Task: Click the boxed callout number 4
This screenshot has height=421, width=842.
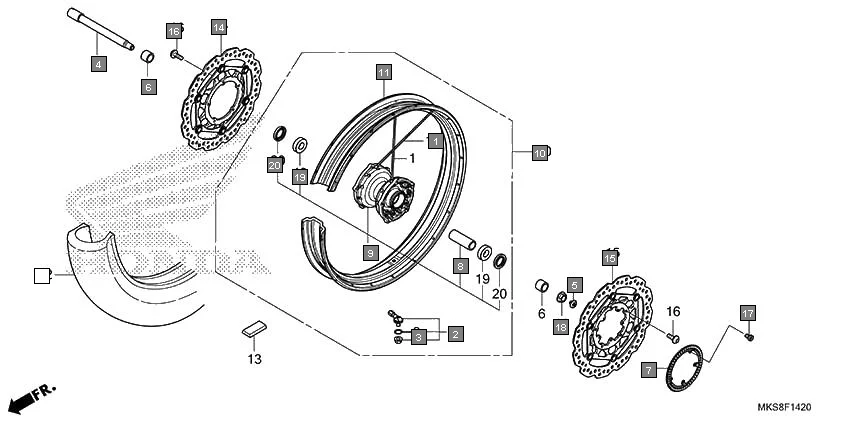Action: (x=97, y=64)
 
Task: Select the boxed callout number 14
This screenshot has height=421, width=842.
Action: (x=218, y=27)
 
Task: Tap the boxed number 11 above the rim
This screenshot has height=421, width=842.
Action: (x=384, y=71)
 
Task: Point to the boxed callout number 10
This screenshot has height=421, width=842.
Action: (x=539, y=153)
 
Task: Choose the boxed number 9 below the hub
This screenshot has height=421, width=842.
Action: (x=369, y=253)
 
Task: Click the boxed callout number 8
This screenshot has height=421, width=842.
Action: (x=460, y=266)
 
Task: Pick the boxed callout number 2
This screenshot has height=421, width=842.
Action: (x=454, y=333)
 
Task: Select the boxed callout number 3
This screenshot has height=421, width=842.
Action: (x=419, y=338)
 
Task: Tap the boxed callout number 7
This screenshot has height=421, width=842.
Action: (x=649, y=370)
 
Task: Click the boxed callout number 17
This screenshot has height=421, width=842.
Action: (x=747, y=313)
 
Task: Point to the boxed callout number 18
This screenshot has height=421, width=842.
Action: (x=560, y=326)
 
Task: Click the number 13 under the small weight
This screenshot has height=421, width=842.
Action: (x=254, y=357)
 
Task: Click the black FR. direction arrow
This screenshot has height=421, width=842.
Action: (x=30, y=398)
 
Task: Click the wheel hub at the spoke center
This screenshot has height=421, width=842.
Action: (x=385, y=189)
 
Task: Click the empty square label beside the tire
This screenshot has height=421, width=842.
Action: (x=41, y=273)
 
